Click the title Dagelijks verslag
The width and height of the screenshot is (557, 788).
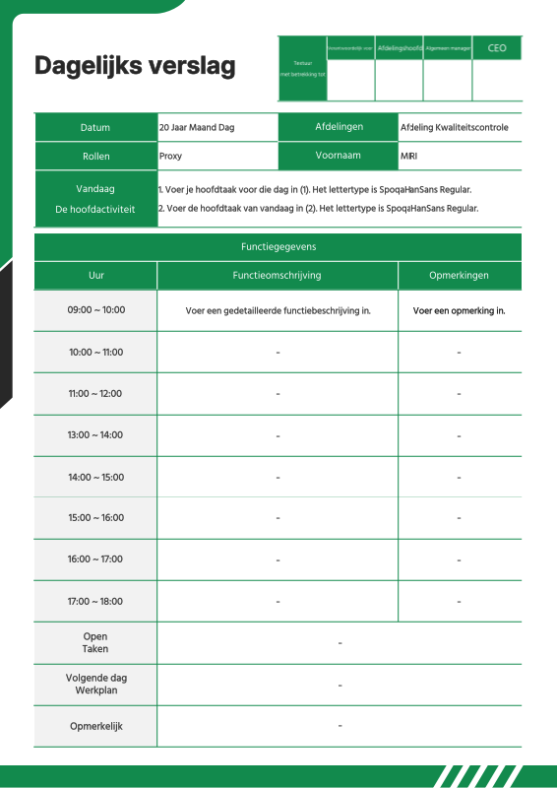[135, 66]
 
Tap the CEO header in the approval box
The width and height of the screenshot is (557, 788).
[497, 47]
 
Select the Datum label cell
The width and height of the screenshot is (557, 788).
[95, 128]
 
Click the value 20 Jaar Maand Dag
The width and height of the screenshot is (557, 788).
[197, 128]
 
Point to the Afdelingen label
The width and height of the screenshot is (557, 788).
[339, 128]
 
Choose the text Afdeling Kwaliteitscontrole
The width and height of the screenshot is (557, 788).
[454, 128]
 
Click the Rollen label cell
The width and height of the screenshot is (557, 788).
[95, 156]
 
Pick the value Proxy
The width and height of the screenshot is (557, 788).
[170, 156]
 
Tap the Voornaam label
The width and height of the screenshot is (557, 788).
[339, 156]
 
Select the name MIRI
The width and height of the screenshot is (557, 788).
[408, 156]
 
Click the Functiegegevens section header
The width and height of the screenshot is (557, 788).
[278, 247]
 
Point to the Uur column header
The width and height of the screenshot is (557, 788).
[95, 276]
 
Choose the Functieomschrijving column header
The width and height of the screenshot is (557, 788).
[278, 276]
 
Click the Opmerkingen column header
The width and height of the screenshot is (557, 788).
[459, 276]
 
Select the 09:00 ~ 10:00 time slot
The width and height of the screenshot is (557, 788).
[95, 310]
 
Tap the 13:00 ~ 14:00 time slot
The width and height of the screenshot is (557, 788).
[95, 435]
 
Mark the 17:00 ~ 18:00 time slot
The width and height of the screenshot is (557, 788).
[95, 601]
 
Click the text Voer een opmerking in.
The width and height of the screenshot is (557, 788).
[459, 310]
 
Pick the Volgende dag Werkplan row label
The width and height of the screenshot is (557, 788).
[95, 685]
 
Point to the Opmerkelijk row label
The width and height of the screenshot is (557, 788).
[95, 727]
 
